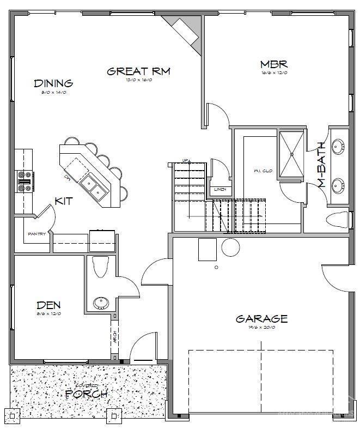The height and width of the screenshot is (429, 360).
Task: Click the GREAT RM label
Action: coord(139,71)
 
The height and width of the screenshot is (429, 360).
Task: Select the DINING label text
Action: coord(53,83)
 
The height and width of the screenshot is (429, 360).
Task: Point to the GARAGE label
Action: coord(261,319)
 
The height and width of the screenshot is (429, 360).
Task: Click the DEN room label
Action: coord(48,305)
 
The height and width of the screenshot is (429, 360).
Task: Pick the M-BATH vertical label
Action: coord(322,165)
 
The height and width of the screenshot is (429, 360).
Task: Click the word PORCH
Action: coord(86,394)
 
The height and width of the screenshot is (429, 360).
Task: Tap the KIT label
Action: coord(64,201)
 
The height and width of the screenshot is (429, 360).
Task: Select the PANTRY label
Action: coord(36,235)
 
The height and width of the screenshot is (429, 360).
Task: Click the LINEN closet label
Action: coord(221,190)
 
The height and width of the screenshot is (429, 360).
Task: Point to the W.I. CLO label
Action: coord(263,171)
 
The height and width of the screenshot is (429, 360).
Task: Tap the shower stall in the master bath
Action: coord(292,154)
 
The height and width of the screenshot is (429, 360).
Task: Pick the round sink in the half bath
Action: coord(100,303)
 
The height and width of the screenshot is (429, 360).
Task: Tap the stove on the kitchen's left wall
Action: coord(25,181)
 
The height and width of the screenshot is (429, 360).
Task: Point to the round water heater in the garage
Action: coord(230,247)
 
